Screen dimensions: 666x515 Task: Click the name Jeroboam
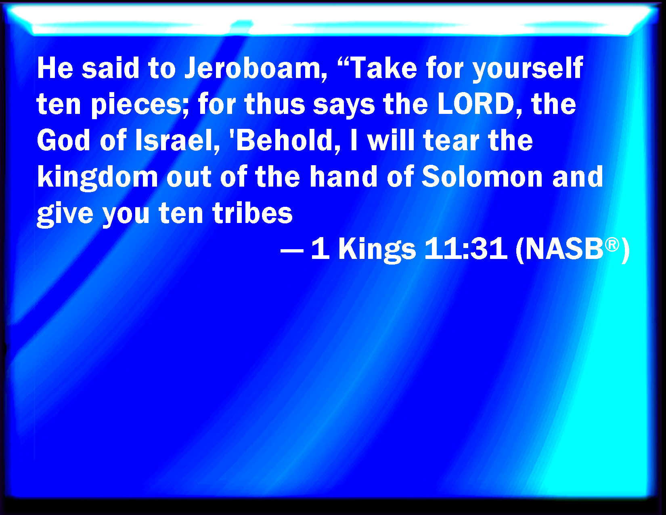point(253,68)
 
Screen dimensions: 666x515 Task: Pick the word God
point(63,140)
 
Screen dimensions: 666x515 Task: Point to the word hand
point(343,177)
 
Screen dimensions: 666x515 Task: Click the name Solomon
point(482,177)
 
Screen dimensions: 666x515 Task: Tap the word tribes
point(253,212)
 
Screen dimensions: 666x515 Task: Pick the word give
point(65,214)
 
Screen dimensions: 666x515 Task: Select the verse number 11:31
point(465,248)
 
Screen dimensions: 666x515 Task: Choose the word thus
point(274,104)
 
